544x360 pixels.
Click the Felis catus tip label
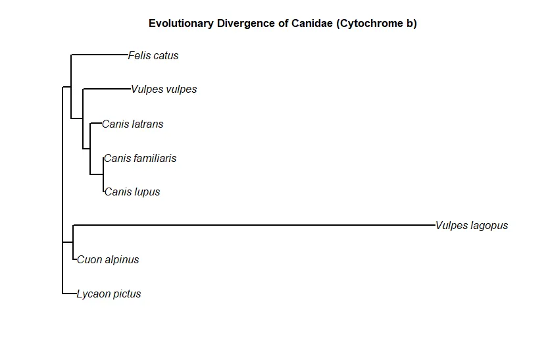pyautogui.click(x=153, y=55)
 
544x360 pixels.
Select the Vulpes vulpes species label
pyautogui.click(x=164, y=90)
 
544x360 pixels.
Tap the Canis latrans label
pyautogui.click(x=132, y=124)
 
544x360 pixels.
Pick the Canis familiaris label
pyautogui.click(x=140, y=159)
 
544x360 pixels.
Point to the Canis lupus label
pyautogui.click(x=132, y=192)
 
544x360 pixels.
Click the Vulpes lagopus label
pyautogui.click(x=472, y=226)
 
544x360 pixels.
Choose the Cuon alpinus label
pyautogui.click(x=108, y=260)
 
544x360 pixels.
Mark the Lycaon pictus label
pyautogui.click(x=109, y=294)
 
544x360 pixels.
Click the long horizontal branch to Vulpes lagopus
pyautogui.click(x=254, y=225)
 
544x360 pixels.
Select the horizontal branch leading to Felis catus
pyautogui.click(x=99, y=55)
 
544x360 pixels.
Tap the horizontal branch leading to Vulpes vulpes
pyautogui.click(x=107, y=89)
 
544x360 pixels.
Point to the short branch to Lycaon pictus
pyautogui.click(x=69, y=294)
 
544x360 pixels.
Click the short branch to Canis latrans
pyautogui.click(x=96, y=123)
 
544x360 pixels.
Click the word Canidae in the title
pyautogui.click(x=312, y=23)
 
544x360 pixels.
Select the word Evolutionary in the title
pyautogui.click(x=181, y=24)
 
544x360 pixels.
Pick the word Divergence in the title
pyautogui.click(x=245, y=24)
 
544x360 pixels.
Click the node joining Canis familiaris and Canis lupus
pyautogui.click(x=103, y=174)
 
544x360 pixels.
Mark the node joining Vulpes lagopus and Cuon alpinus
pyautogui.click(x=73, y=242)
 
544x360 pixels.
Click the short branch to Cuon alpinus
pyautogui.click(x=74, y=259)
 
